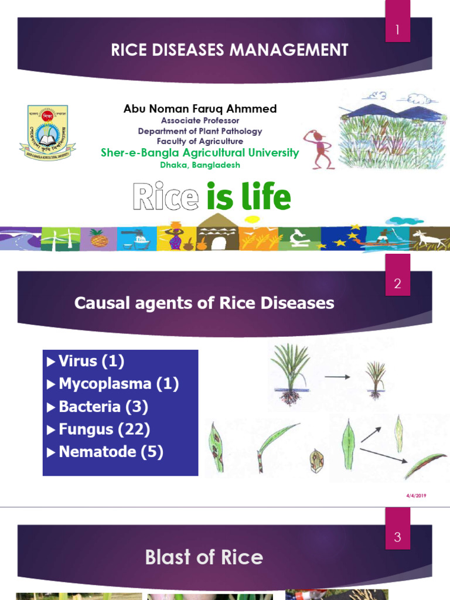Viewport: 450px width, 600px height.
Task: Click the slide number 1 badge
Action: [397, 30]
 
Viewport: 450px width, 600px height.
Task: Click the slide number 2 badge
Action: [397, 284]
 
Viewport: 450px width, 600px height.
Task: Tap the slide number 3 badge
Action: [397, 537]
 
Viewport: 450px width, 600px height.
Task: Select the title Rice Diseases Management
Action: [230, 50]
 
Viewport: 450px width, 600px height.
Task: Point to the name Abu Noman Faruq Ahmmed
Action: [200, 109]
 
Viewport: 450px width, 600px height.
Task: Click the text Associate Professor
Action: [200, 121]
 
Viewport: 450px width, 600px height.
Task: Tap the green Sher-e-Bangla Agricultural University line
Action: [200, 153]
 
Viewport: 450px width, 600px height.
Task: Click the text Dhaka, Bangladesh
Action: [200, 165]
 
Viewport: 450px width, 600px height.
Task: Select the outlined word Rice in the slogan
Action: [166, 197]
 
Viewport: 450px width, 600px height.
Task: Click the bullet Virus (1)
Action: [91, 362]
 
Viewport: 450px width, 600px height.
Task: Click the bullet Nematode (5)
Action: [111, 452]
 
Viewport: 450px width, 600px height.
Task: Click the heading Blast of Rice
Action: [204, 557]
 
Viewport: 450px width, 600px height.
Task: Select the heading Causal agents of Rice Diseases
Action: [204, 303]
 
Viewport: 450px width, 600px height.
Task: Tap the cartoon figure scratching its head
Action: [319, 149]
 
